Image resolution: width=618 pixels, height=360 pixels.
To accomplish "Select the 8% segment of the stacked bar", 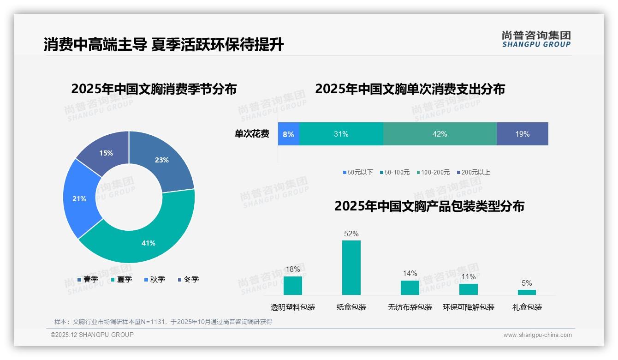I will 289,134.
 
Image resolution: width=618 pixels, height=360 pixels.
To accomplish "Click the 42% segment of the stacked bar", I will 440,134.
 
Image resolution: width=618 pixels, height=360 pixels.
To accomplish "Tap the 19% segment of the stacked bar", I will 522,134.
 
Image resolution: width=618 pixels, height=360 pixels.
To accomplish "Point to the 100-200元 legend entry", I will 433,172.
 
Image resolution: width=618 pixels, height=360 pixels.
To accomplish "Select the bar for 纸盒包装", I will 351,268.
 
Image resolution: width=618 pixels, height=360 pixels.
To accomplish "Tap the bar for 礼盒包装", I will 527,292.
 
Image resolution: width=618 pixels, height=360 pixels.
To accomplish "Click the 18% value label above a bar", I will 293,269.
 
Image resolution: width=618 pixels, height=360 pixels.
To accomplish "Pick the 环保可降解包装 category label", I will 469,307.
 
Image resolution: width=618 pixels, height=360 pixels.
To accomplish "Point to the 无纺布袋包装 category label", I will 410,307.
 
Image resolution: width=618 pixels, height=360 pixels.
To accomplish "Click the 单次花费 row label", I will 252,134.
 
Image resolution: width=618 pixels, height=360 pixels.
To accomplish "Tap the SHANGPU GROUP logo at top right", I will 536,39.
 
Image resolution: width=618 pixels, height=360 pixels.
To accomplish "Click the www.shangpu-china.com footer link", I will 537,335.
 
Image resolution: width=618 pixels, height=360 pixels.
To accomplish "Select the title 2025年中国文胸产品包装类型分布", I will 429,206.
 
